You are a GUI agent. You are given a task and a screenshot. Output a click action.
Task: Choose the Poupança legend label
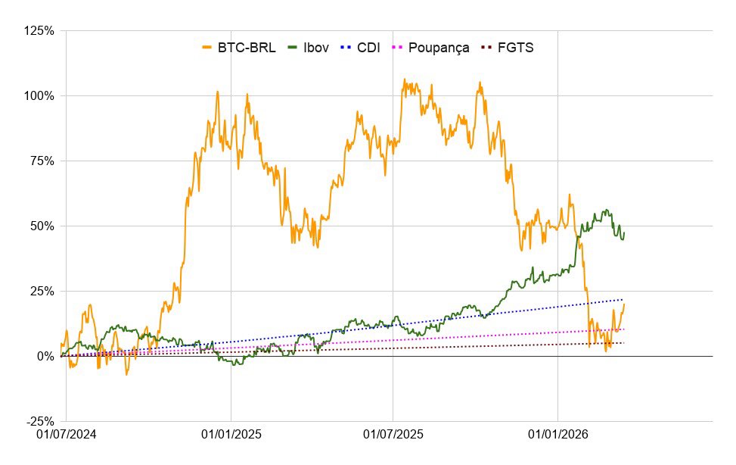(x=439, y=48)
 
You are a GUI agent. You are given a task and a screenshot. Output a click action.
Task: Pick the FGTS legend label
(x=517, y=48)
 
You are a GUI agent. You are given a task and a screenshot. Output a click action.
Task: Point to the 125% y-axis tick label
(x=39, y=31)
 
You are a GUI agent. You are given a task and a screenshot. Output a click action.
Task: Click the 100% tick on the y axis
(x=39, y=96)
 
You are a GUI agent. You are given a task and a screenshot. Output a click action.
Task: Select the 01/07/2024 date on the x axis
(x=66, y=436)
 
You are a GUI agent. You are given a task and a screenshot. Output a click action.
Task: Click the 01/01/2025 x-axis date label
(x=230, y=436)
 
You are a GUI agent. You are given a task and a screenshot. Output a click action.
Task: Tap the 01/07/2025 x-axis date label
(x=393, y=436)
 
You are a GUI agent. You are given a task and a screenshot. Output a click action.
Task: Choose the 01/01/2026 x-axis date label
(x=557, y=436)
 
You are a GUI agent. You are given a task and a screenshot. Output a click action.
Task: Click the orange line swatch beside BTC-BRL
(x=207, y=48)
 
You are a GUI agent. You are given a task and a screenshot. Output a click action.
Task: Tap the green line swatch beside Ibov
(x=291, y=48)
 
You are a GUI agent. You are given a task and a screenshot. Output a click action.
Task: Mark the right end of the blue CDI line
(x=624, y=299)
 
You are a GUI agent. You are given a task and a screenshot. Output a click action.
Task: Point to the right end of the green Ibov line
(x=624, y=232)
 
